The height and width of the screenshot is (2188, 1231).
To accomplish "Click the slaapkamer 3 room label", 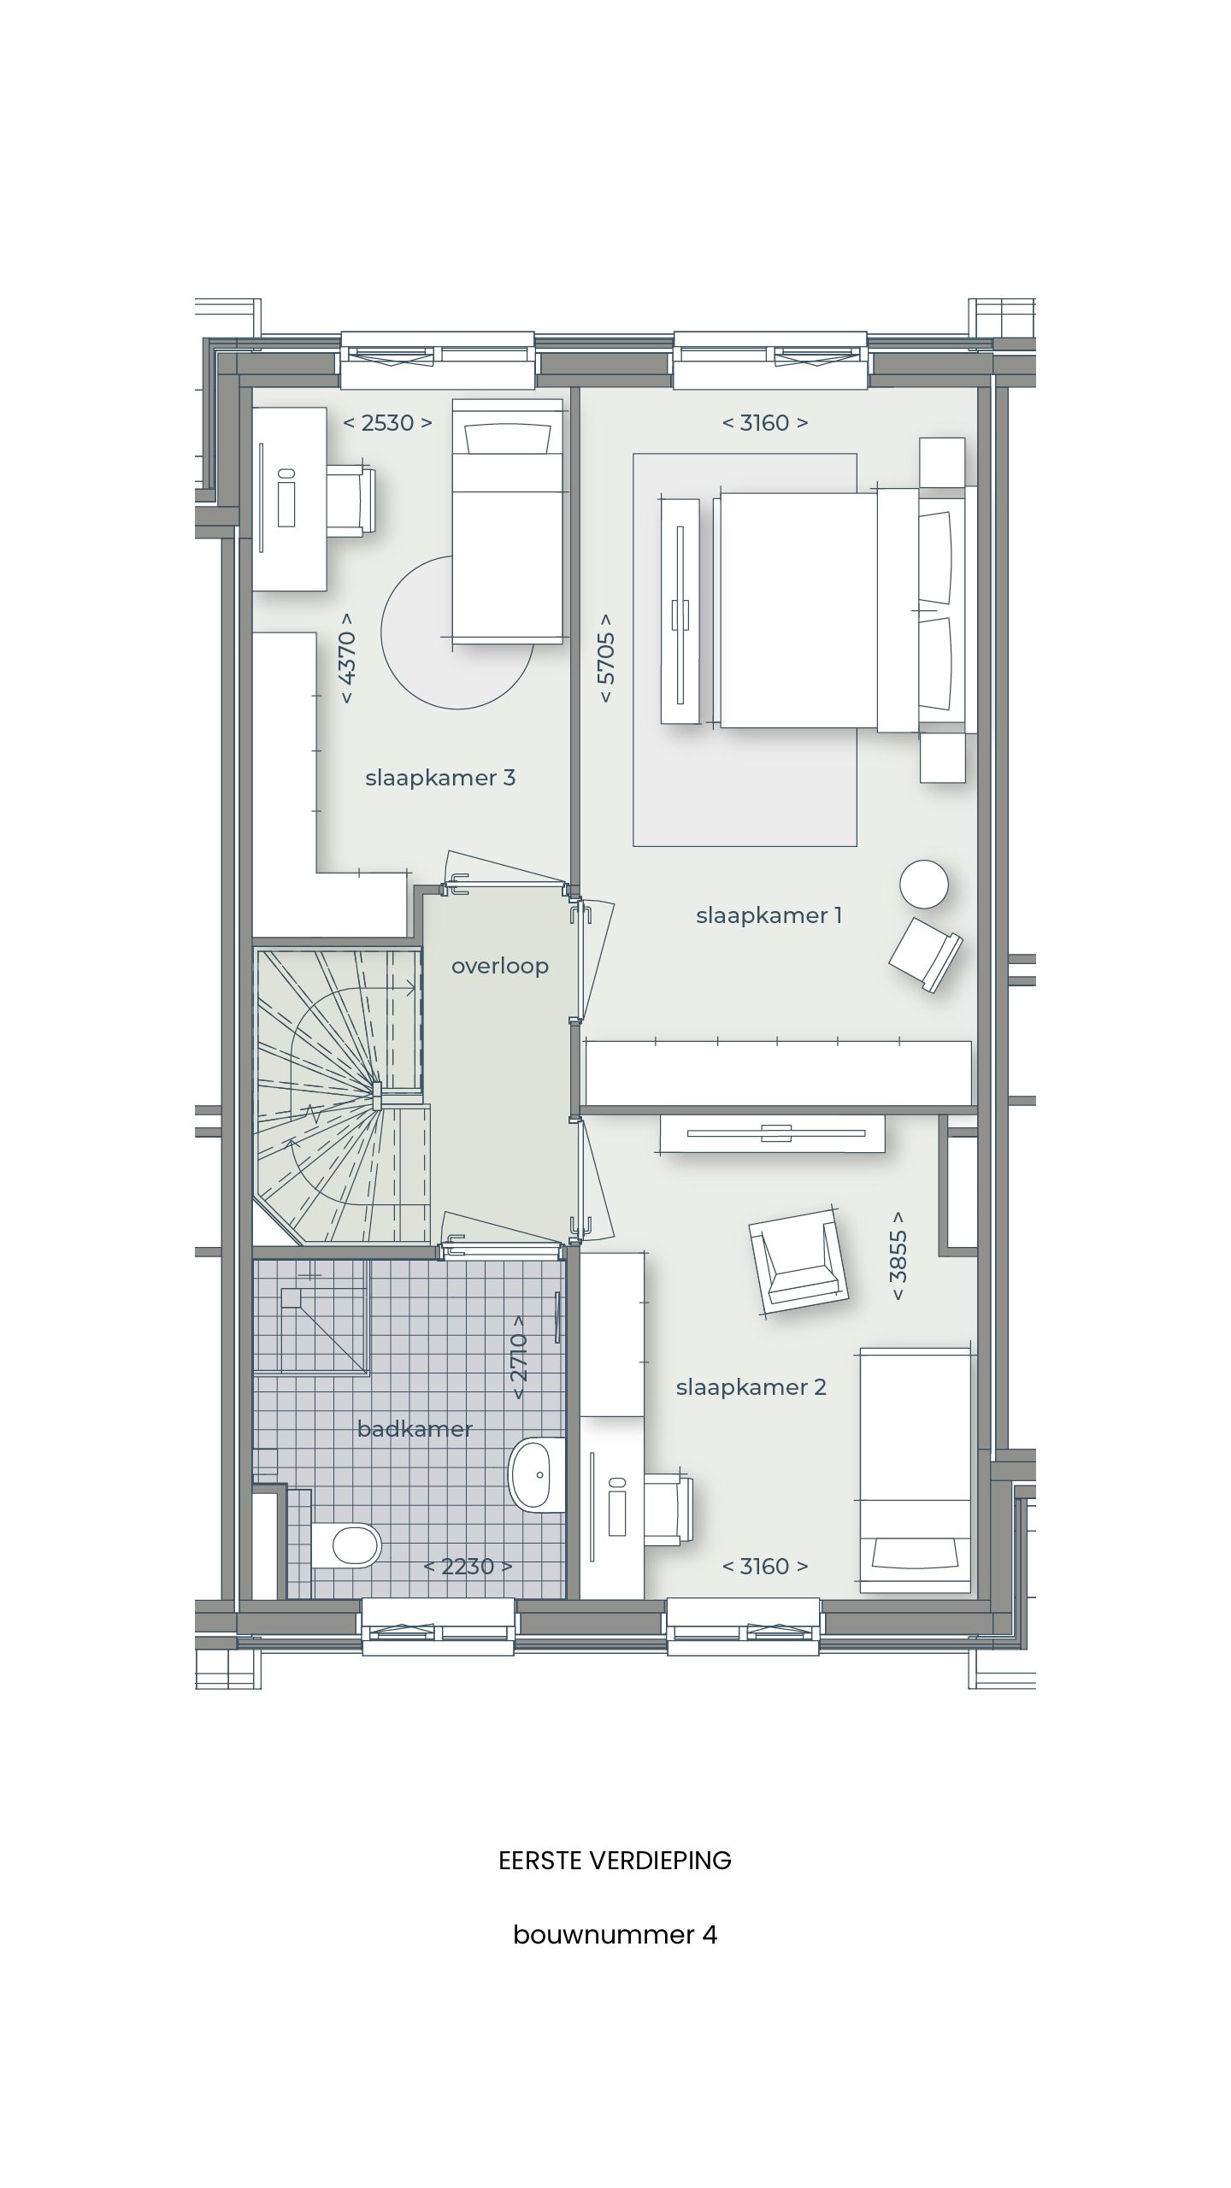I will pyautogui.click(x=440, y=778).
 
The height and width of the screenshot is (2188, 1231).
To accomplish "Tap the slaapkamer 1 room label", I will pyautogui.click(x=769, y=915).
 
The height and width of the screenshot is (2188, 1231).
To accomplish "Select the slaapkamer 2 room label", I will pyautogui.click(x=751, y=1387).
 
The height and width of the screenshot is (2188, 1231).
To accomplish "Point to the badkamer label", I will pyautogui.click(x=415, y=1429).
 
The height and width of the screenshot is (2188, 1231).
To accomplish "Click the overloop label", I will pyautogui.click(x=500, y=966).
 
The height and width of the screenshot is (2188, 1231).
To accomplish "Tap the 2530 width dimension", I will pyautogui.click(x=387, y=422).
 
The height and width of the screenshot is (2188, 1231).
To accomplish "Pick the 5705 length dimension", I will pyautogui.click(x=606, y=658).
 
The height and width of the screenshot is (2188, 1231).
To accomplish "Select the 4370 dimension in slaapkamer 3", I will pyautogui.click(x=347, y=658).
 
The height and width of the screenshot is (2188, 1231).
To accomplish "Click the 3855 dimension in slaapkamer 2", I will pyautogui.click(x=898, y=1256).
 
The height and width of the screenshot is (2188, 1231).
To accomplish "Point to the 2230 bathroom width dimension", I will pyautogui.click(x=468, y=1567).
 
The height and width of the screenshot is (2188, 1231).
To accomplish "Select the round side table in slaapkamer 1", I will pyautogui.click(x=923, y=884).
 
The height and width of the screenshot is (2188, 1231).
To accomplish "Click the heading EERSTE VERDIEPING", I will pyautogui.click(x=615, y=1861).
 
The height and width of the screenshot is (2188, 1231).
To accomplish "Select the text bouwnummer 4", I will pyautogui.click(x=615, y=1935).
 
